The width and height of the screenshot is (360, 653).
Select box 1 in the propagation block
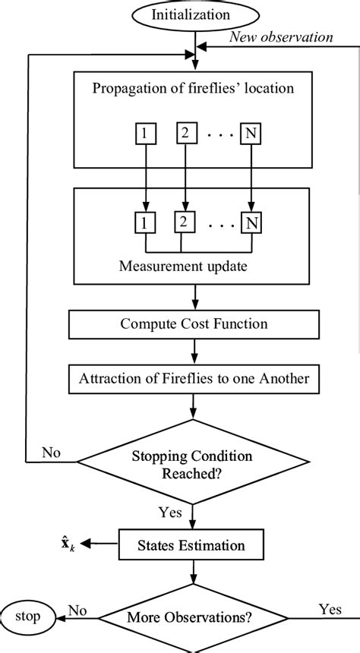144,134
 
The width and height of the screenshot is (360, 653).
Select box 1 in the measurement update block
141,223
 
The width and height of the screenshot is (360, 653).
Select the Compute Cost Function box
194,324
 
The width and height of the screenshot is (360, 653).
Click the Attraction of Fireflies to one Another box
194,379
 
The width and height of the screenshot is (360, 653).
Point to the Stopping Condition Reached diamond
194,462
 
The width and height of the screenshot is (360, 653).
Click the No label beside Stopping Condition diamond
52,453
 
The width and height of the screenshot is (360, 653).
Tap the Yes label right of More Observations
330,608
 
